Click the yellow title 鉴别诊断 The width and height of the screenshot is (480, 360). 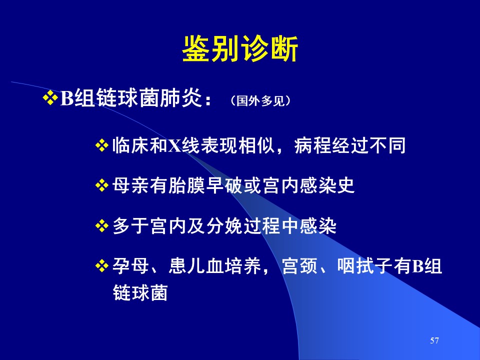click(240, 49)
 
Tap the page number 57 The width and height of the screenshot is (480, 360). click(434, 340)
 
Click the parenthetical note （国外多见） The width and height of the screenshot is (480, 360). click(260, 100)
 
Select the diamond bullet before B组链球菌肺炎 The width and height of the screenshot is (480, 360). click(50, 98)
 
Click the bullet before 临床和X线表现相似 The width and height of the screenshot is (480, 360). click(102, 145)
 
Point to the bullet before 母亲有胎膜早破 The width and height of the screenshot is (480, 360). click(102, 186)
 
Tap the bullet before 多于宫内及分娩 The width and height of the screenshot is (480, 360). click(102, 226)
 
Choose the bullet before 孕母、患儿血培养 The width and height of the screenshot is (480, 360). click(102, 265)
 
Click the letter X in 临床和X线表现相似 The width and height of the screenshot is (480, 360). click(175, 146)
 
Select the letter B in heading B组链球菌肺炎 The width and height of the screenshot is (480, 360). click(67, 98)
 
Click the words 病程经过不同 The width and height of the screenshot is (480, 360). click(350, 145)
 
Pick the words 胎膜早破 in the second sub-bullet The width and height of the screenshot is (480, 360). click(205, 185)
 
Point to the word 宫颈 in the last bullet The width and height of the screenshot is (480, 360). click(299, 265)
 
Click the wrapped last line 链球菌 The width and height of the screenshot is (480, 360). click(140, 292)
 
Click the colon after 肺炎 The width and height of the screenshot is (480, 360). click(208, 100)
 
